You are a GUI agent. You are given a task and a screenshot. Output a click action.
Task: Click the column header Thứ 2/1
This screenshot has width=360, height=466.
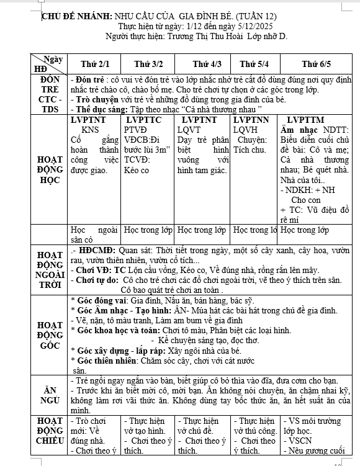click(x=95, y=65)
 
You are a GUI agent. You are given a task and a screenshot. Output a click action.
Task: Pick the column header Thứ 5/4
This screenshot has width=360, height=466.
click(x=254, y=65)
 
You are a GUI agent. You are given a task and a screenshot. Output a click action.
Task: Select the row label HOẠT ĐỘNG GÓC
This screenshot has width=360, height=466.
click(x=50, y=335)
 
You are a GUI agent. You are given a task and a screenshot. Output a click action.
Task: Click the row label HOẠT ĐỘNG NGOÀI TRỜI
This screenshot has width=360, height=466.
click(x=50, y=269)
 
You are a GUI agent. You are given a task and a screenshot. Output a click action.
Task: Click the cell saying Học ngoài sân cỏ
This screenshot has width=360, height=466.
click(x=94, y=235)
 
